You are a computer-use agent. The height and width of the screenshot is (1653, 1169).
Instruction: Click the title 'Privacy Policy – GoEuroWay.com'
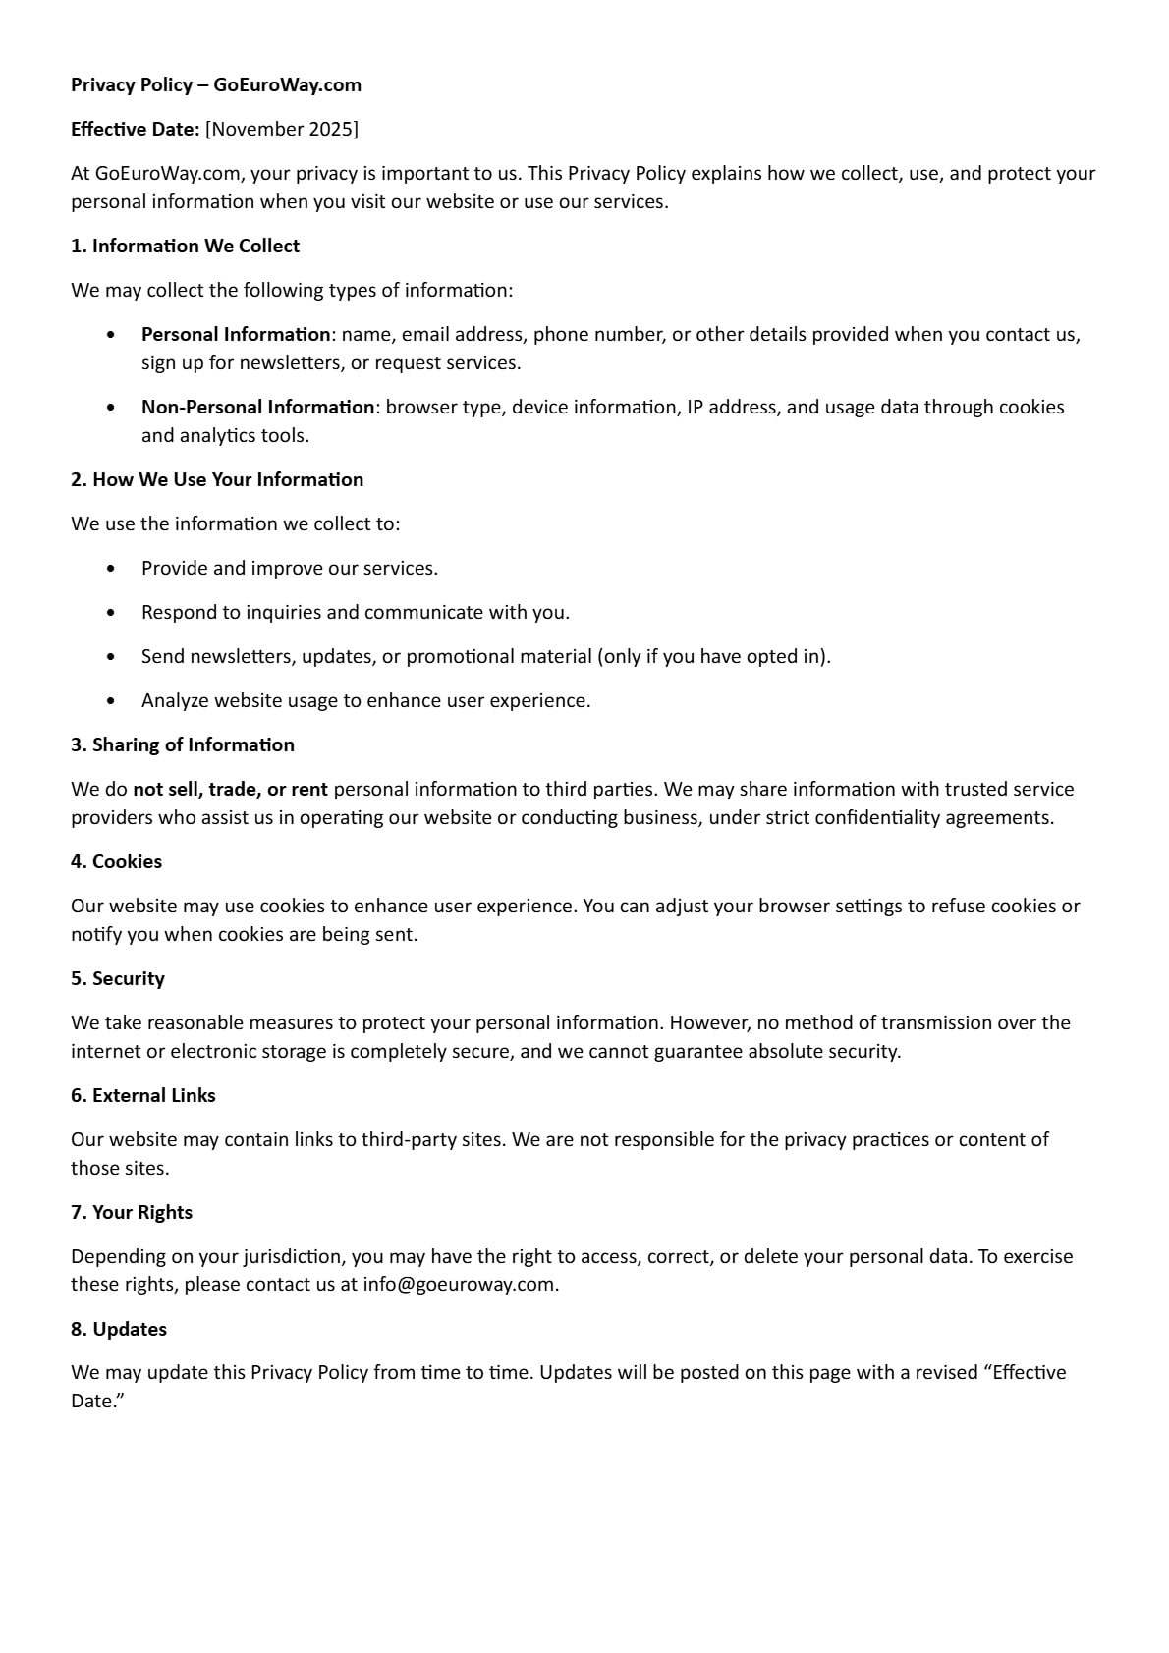point(216,85)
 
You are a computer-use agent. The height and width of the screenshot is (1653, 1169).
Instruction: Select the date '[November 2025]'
point(282,130)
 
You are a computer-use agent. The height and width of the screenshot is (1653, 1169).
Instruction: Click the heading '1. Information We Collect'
point(185,247)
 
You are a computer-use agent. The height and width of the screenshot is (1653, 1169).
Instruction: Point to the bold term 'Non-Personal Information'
point(257,408)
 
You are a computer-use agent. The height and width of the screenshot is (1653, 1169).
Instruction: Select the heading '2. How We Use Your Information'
point(217,480)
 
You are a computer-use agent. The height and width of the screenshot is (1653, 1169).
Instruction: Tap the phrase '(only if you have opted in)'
point(713,657)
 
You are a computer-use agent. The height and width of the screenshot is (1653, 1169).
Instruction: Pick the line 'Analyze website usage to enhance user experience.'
point(365,701)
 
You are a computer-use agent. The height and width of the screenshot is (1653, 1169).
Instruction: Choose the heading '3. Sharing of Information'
point(183,745)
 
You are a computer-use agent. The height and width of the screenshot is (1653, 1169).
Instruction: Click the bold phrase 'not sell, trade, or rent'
point(231,790)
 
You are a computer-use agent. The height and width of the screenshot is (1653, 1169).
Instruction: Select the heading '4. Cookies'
point(116,862)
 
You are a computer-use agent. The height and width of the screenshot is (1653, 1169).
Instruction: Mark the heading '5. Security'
point(118,979)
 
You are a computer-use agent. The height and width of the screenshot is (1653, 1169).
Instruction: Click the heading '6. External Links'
point(143,1096)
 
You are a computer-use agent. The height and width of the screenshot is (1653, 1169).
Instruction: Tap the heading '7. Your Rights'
point(132,1213)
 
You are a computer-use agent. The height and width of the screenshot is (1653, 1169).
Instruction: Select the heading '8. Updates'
point(119,1330)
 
